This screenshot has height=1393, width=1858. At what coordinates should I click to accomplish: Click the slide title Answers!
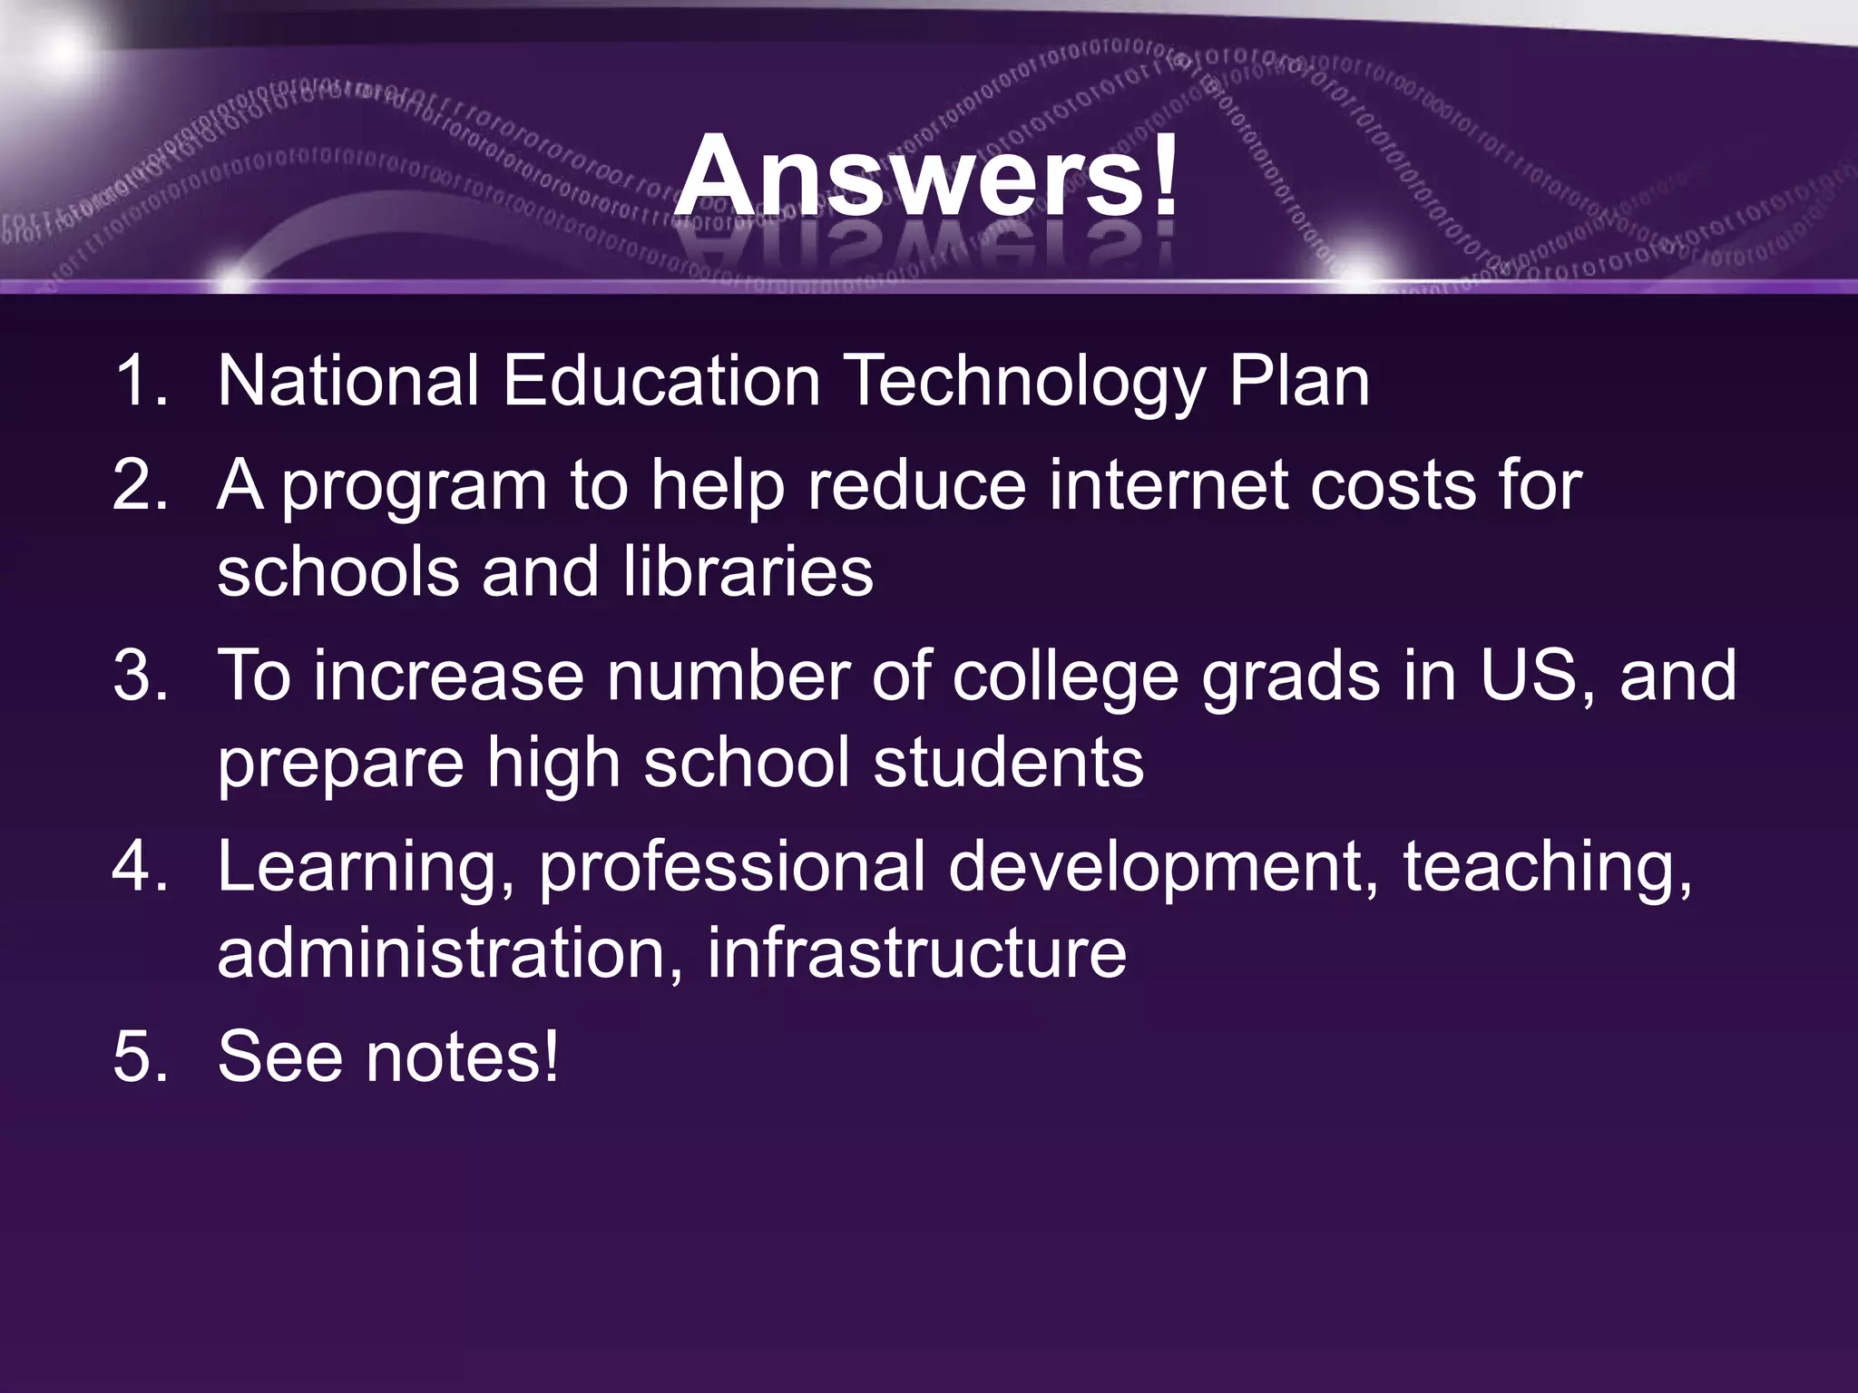(x=927, y=175)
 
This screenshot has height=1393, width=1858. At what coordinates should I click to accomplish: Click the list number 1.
(x=141, y=381)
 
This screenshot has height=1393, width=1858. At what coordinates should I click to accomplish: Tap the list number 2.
(x=141, y=485)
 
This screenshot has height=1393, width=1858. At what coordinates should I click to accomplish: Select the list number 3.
(x=141, y=676)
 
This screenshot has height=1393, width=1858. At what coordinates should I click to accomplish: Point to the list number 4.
(x=141, y=867)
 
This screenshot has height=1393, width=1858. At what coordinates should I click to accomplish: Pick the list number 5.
(x=141, y=1057)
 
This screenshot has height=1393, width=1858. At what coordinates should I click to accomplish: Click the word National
(x=348, y=381)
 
